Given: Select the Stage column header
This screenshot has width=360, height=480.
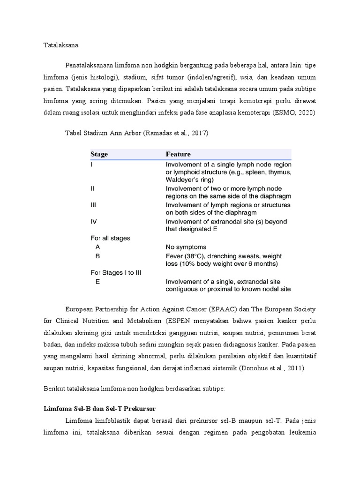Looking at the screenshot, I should [x=99, y=154].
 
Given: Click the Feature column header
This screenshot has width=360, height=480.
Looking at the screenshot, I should [x=178, y=154].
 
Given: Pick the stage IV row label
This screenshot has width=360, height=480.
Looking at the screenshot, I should [x=93, y=221].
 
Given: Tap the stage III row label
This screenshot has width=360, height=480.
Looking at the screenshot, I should [x=94, y=205].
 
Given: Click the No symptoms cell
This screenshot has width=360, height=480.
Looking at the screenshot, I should [x=186, y=247].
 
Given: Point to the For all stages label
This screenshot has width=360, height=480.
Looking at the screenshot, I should [x=110, y=238].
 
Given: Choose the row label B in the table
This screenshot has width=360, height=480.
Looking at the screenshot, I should [x=97, y=255].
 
